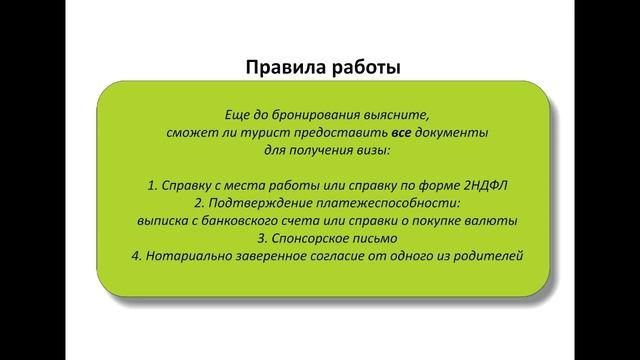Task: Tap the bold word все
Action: (402, 131)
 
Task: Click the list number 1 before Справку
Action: (149, 185)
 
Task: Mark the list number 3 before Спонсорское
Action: (260, 239)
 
